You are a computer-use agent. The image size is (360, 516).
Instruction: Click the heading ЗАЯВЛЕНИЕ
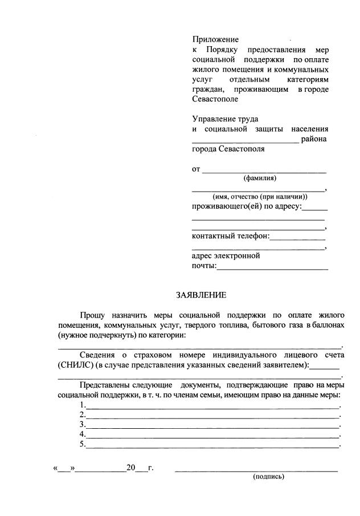[x=201, y=295]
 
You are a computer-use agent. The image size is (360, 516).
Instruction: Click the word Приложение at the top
[x=215, y=39]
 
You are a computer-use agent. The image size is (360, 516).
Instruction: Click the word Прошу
[x=93, y=315]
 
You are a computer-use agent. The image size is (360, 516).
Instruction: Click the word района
[x=314, y=140]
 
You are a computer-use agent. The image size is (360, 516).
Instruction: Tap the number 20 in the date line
[x=131, y=468]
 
